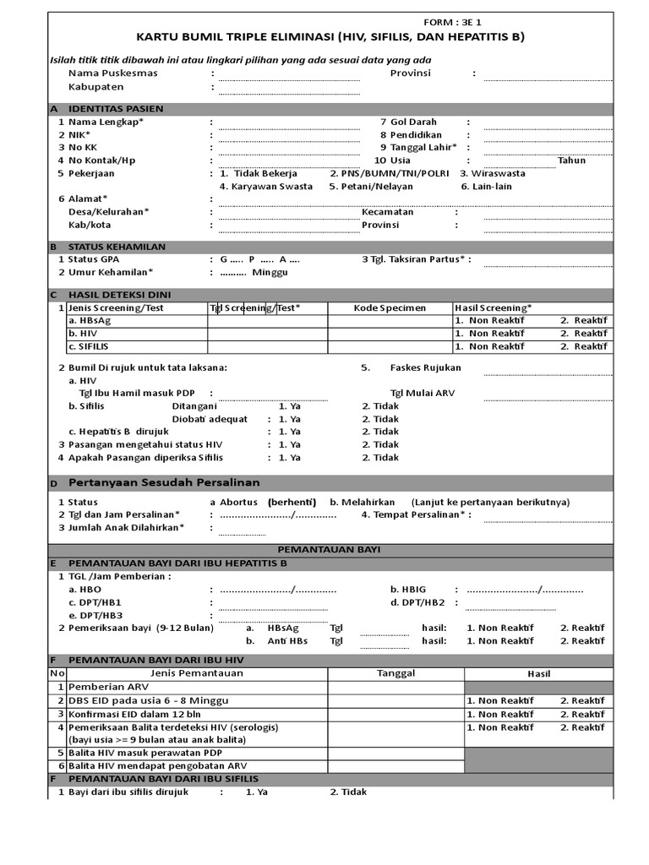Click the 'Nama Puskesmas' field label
point(112,73)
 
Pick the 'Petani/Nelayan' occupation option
point(366,187)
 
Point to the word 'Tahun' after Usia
point(571,160)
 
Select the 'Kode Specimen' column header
point(390,308)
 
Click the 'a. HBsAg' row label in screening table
point(89,321)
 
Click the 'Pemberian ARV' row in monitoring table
point(106,687)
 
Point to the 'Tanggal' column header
point(395,673)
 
